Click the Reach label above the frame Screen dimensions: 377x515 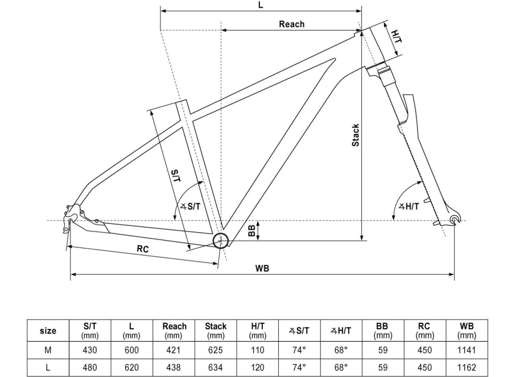click(291, 24)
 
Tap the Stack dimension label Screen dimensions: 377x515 click(355, 135)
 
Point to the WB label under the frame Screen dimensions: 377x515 click(262, 268)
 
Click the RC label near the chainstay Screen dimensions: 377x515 click(143, 249)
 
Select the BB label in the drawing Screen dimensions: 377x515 click(252, 231)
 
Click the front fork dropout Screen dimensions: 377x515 click(454, 219)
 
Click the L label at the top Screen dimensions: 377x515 click(261, 5)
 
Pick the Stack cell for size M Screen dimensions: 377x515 click(215, 350)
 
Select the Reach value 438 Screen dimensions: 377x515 click(174, 367)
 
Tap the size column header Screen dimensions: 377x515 click(48, 331)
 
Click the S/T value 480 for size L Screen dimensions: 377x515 click(90, 367)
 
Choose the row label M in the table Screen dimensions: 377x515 click(48, 350)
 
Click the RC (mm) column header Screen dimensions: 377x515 click(424, 331)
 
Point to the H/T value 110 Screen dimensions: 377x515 click(257, 350)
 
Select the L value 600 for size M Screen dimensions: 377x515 click(132, 350)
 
